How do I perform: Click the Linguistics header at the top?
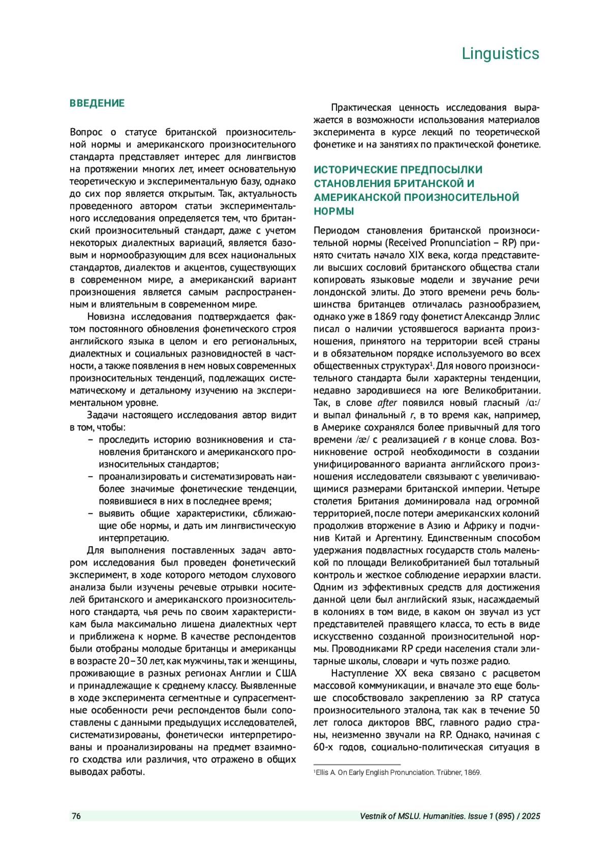tap(500, 53)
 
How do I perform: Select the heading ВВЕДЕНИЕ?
tap(97, 103)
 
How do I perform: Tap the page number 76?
tap(76, 816)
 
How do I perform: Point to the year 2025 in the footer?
tap(531, 816)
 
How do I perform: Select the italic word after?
tap(387, 403)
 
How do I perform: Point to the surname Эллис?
tap(524, 317)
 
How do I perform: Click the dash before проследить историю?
tap(90, 440)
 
